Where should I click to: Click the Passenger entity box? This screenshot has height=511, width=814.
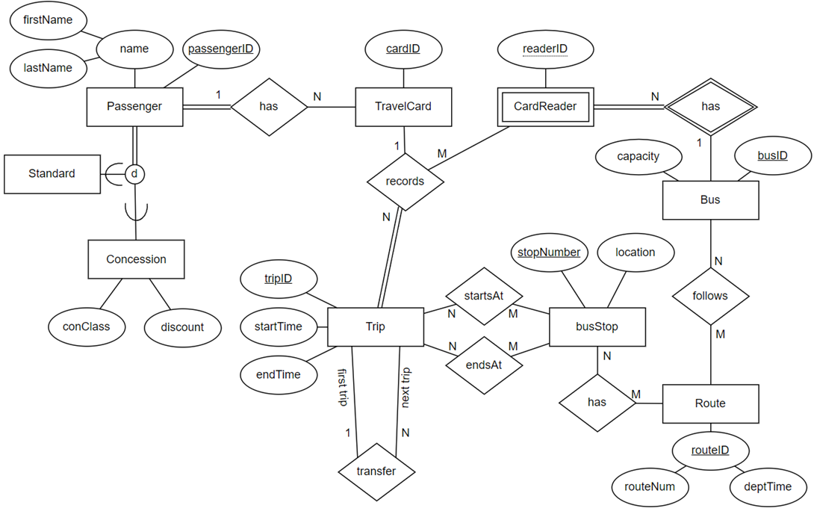134,106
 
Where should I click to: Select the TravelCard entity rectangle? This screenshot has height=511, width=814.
403,106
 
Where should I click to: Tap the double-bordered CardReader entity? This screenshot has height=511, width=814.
546,106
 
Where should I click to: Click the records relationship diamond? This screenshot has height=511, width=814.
405,181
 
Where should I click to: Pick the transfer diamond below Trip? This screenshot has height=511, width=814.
376,471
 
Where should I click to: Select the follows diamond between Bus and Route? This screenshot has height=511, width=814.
709,296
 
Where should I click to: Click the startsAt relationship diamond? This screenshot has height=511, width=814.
482,296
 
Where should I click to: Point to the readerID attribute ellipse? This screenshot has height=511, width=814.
546,49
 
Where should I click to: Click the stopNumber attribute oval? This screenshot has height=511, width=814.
550,253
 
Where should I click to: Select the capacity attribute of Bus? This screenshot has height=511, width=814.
639,157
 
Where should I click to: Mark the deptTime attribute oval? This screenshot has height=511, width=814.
768,486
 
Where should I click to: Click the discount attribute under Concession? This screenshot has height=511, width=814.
182,326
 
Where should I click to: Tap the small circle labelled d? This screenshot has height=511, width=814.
134,174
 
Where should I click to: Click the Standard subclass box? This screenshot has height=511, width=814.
52,173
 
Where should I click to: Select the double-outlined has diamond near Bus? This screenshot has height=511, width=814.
710,106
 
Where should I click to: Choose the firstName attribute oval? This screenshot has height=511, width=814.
48,20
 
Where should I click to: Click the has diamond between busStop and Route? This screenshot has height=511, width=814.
597,402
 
